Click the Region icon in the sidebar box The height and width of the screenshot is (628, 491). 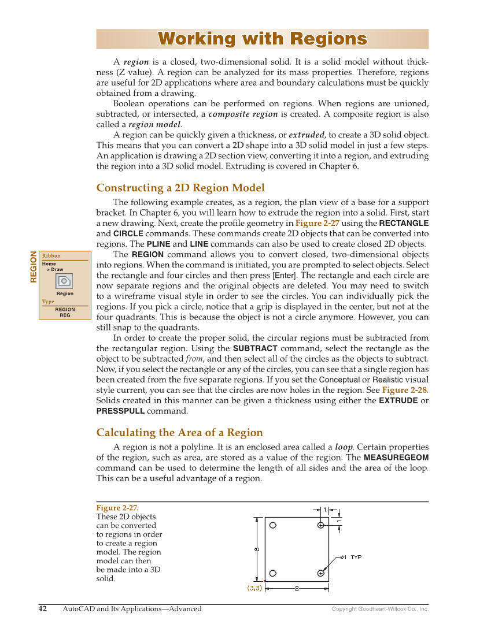click(x=64, y=281)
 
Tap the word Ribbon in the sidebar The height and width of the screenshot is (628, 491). click(x=51, y=256)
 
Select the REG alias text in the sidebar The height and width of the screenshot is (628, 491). click(x=65, y=315)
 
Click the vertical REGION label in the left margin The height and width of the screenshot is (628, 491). click(x=34, y=266)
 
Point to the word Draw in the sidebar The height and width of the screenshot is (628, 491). click(x=57, y=270)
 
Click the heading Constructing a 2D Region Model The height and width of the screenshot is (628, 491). click(x=180, y=188)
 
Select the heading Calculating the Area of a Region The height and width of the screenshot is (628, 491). click(x=179, y=433)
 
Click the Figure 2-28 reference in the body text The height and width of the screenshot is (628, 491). click(x=404, y=390)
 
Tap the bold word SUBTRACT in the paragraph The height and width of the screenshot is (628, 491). click(x=255, y=348)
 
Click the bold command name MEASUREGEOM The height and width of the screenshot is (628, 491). click(x=396, y=457)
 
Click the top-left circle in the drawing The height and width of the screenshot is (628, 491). click(x=273, y=525)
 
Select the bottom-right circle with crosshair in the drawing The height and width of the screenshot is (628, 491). click(x=320, y=573)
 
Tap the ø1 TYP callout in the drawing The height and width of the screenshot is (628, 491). click(x=350, y=557)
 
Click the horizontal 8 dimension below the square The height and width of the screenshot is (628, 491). click(x=297, y=589)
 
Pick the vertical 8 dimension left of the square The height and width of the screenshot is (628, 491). click(x=256, y=549)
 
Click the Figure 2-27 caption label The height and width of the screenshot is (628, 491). click(x=117, y=508)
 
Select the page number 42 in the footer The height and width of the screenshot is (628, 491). click(x=43, y=608)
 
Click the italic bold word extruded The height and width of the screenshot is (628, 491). click(x=307, y=135)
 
